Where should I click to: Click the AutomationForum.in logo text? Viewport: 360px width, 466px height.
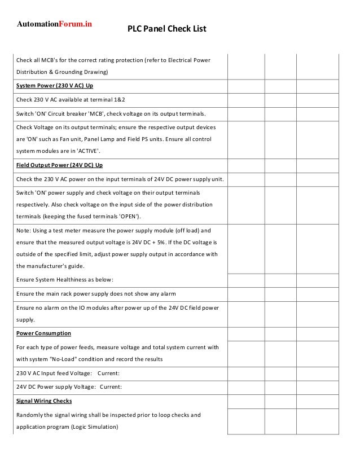click(54, 24)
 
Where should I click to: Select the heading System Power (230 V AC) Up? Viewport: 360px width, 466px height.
click(55, 86)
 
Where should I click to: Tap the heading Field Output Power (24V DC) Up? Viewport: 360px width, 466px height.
click(59, 165)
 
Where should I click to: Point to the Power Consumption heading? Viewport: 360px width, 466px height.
click(43, 333)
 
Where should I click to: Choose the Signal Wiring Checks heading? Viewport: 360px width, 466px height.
click(44, 401)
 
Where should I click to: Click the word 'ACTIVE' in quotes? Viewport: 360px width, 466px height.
click(86, 151)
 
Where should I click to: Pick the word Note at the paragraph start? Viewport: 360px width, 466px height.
click(23, 231)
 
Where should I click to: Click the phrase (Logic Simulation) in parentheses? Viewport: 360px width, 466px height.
click(94, 427)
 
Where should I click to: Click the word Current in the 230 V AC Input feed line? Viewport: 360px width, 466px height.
click(108, 373)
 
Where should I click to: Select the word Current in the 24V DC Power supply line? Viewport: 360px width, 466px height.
click(111, 387)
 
